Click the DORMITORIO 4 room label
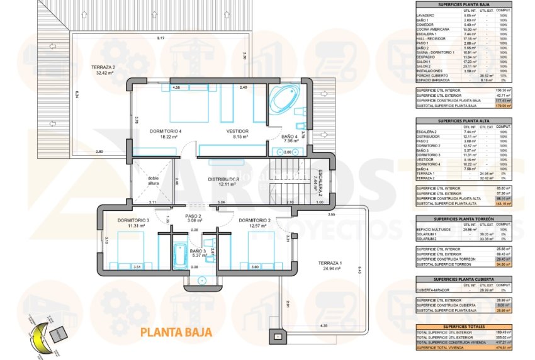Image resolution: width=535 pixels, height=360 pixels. click(x=166, y=131)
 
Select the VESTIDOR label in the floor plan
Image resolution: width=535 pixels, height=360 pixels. click(x=238, y=131)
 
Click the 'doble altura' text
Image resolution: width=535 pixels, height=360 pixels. click(x=154, y=181)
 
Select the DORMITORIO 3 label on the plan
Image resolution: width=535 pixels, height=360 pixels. click(x=133, y=221)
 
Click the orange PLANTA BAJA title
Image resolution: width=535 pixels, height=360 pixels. click(x=171, y=331)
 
